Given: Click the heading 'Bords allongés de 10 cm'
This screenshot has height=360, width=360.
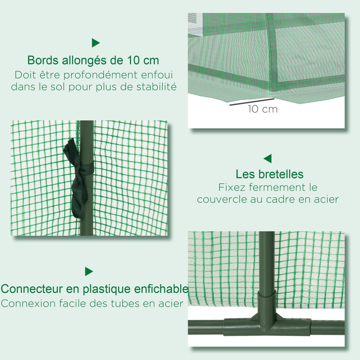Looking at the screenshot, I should click(x=93, y=60).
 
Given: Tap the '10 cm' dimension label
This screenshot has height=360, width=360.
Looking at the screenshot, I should click(x=262, y=109).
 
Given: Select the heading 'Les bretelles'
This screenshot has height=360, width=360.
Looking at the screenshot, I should click(x=269, y=174).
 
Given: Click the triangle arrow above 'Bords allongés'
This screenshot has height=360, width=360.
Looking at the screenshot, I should click(x=95, y=43).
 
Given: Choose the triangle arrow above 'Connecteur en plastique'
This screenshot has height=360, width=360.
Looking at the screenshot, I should click(x=89, y=271).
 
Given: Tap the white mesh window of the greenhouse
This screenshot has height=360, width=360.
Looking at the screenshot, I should click(x=195, y=22).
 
